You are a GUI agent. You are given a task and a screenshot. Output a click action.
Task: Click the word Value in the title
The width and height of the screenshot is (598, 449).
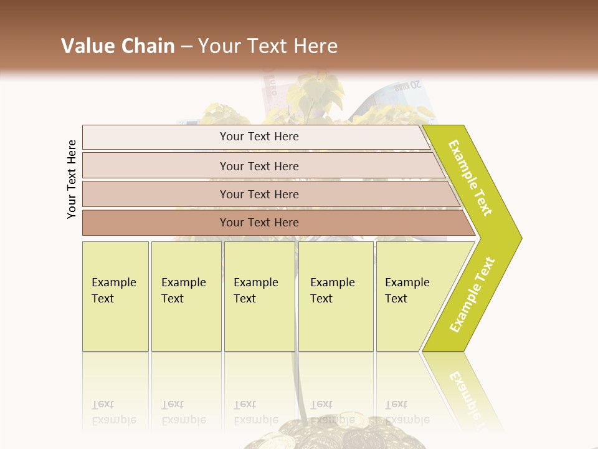[86, 46]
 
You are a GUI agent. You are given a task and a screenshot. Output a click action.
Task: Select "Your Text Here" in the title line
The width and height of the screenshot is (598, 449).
[268, 46]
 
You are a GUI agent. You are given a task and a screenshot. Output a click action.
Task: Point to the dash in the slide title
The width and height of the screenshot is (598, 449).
[186, 47]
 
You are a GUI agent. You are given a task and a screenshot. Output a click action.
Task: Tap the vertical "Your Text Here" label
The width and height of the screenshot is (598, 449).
[72, 179]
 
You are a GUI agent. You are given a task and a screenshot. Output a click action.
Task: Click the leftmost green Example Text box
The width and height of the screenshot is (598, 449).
[115, 296]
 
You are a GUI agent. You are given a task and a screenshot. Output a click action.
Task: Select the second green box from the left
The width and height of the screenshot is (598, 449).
[186, 296]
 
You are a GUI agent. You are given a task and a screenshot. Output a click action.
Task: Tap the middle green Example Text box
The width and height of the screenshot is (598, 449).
[259, 296]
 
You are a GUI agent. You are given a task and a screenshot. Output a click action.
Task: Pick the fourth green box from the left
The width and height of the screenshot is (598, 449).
[336, 296]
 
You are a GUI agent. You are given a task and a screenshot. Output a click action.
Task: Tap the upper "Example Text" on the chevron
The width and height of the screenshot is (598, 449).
[470, 178]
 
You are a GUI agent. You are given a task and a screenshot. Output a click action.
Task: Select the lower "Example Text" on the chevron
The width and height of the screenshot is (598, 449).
[472, 294]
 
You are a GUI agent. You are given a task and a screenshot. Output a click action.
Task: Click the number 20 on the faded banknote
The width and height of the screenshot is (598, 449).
[414, 85]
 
